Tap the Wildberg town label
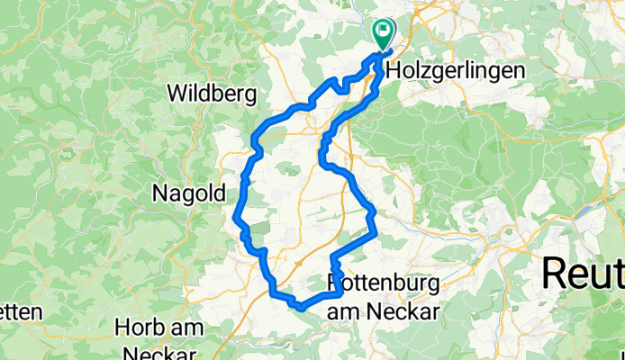pyautogui.click(x=212, y=93)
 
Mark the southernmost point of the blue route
pyautogui.click(x=301, y=309)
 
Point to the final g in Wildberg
pyautogui.click(x=250, y=94)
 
